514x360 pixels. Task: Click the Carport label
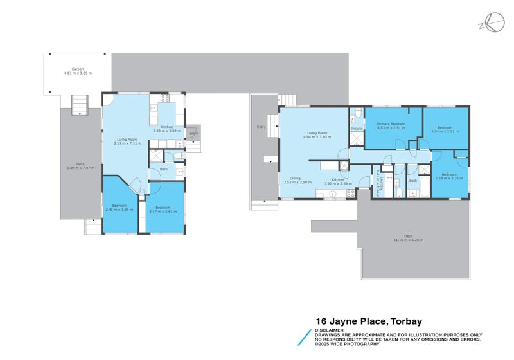[78, 69]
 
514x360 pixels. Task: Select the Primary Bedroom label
[391, 123]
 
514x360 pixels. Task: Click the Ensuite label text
[357, 129]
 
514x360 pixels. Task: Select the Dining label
[295, 179]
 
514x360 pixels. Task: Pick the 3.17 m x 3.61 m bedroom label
[162, 209]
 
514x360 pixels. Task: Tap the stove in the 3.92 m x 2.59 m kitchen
[344, 165]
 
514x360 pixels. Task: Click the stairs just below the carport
[78, 104]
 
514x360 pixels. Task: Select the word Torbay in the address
[403, 321]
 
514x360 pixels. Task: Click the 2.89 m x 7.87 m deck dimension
[80, 168]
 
